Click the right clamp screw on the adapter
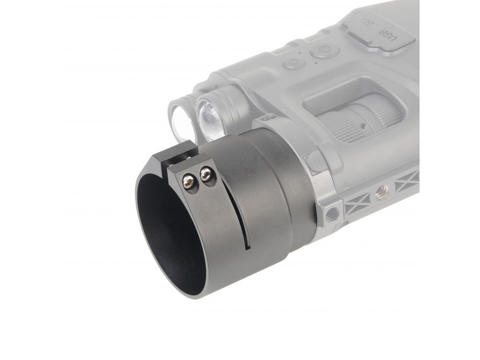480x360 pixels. click(206, 174)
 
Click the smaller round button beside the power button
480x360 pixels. click(294, 63)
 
